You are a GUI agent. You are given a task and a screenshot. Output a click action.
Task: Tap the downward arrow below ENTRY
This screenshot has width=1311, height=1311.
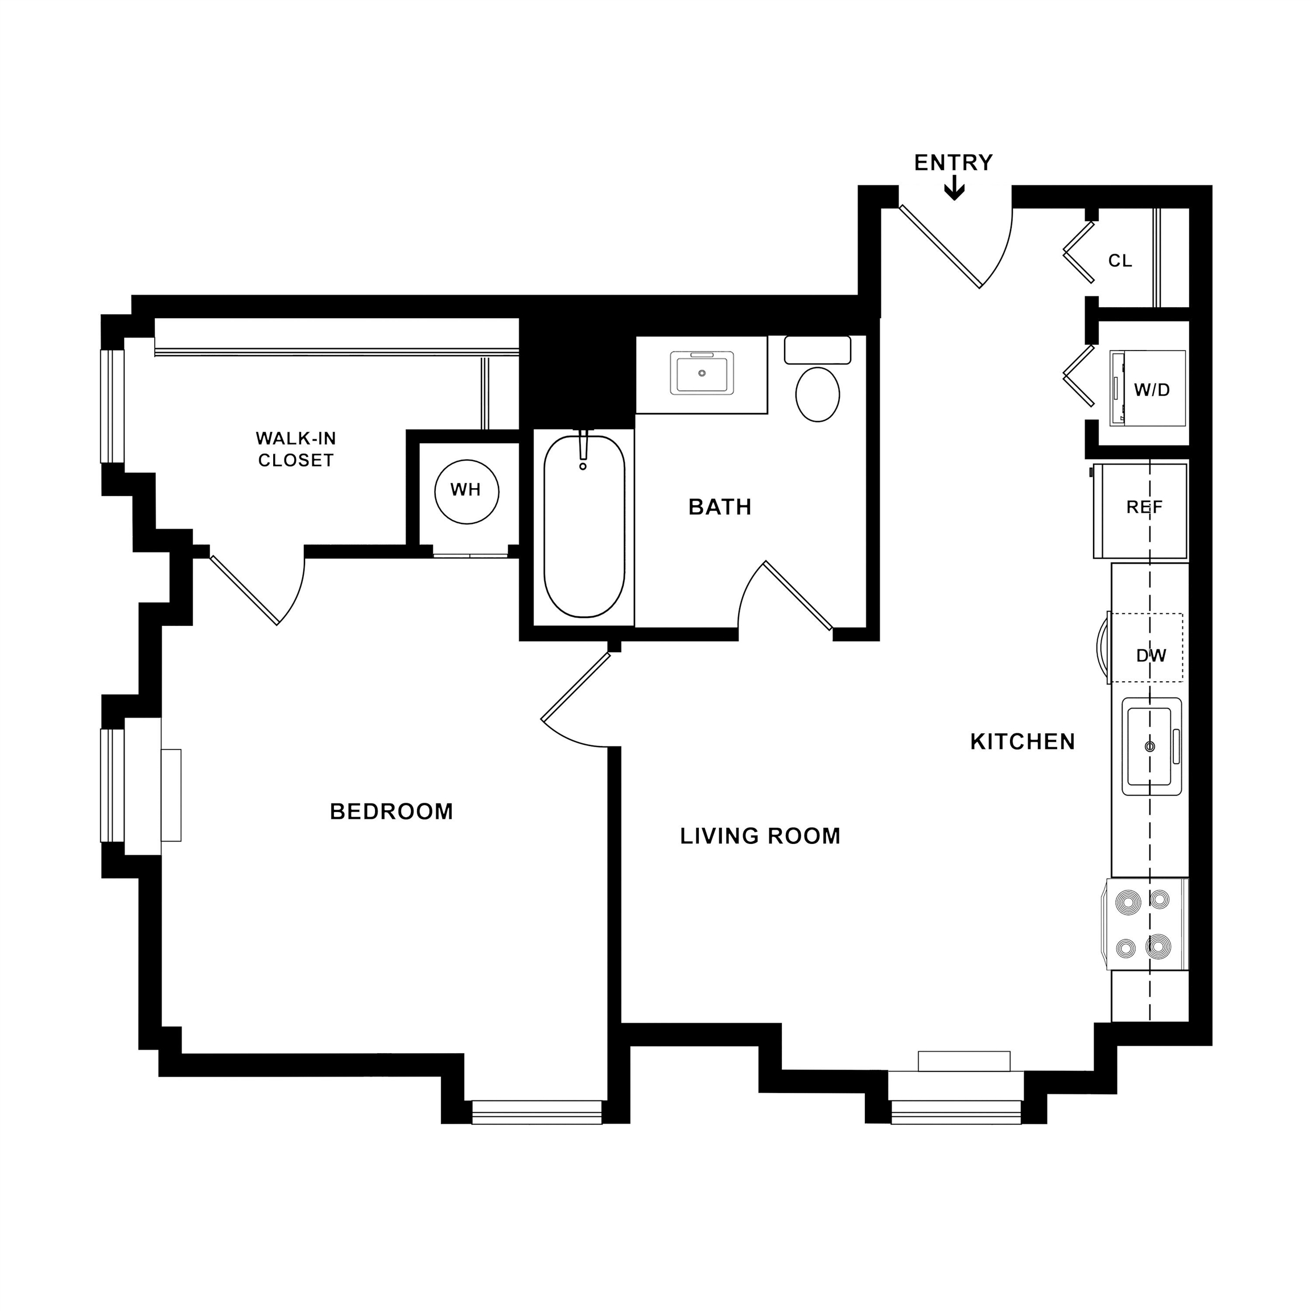click(x=954, y=188)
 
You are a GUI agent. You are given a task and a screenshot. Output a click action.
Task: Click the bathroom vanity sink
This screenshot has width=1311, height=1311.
click(x=702, y=373)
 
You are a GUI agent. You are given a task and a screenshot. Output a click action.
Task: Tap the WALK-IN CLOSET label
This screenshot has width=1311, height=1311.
click(x=296, y=449)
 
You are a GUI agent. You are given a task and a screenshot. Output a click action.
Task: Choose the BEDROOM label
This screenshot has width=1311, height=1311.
click(x=391, y=811)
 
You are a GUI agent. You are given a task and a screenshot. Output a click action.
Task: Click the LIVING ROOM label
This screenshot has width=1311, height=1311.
click(x=760, y=836)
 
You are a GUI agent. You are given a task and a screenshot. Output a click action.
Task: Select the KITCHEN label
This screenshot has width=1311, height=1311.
click(x=1022, y=741)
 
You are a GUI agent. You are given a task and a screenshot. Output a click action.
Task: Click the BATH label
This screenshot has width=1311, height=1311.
click(x=719, y=507)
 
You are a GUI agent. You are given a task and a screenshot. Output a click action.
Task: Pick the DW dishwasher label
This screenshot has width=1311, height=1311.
click(x=1151, y=655)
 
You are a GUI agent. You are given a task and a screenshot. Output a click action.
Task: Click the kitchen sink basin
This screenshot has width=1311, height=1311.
click(x=1150, y=746)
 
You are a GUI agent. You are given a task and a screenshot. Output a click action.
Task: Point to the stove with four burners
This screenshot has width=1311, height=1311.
click(x=1147, y=923)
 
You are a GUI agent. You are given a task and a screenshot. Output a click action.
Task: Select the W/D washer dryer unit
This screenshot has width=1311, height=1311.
click(x=1148, y=388)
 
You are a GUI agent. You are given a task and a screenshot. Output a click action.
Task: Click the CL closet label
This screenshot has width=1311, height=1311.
click(x=1120, y=261)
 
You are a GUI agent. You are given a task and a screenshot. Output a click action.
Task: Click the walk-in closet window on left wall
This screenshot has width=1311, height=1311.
click(x=112, y=406)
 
